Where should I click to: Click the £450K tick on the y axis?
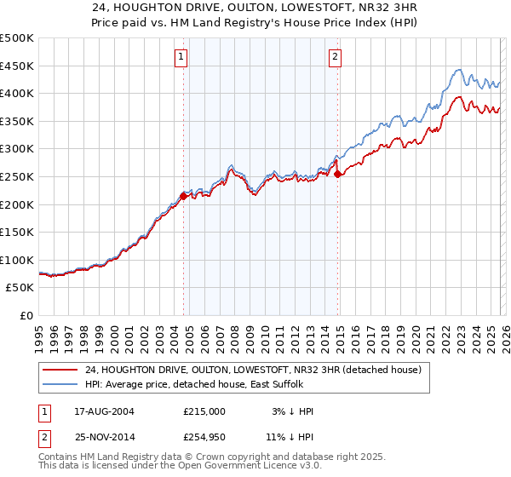tap(17, 66)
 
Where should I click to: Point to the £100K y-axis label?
tap(17, 260)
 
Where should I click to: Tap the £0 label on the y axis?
tap(26, 315)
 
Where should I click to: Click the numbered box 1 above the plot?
tap(181, 57)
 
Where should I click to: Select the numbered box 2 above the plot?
tap(335, 57)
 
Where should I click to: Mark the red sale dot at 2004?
tap(183, 196)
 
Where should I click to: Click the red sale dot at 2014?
tap(338, 174)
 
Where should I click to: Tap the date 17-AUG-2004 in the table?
tap(104, 411)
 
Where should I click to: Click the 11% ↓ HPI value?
tap(290, 439)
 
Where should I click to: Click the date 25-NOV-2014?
tap(104, 439)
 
